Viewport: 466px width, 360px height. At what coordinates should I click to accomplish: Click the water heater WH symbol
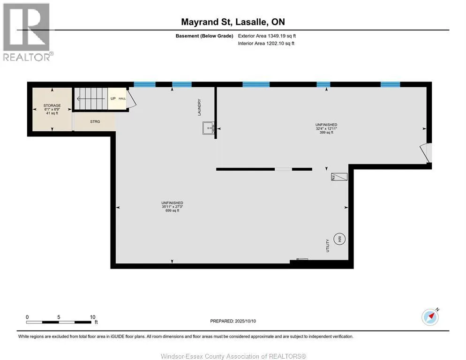coord(339,239)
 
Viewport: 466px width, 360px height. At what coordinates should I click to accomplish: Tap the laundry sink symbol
coord(209,128)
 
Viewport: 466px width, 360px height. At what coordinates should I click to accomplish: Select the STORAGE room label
coord(52,105)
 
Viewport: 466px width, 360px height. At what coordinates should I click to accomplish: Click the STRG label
coord(95,121)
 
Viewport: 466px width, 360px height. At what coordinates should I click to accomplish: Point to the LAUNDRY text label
coord(199,107)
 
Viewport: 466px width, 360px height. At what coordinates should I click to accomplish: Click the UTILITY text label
coord(328,246)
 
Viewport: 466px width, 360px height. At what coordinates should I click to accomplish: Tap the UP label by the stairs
coord(113,99)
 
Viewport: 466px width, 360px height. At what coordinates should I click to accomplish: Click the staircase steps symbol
coord(90,98)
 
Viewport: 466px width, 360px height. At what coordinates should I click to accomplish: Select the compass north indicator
coord(430,317)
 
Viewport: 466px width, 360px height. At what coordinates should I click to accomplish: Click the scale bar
coord(59,322)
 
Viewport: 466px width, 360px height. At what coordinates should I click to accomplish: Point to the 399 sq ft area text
coord(326,133)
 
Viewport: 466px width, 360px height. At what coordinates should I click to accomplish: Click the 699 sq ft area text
coord(173,211)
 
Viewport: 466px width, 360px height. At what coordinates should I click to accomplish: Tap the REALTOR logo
coord(27,32)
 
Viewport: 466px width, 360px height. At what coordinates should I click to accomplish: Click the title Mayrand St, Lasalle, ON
coord(233,22)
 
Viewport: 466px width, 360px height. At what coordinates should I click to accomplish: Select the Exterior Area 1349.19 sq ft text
coord(267,36)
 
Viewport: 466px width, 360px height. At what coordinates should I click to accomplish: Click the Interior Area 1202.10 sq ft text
coord(266,44)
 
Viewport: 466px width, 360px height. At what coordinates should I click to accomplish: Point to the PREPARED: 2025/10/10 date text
coord(233,321)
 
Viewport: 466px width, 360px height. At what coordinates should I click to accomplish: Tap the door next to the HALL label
coord(132,97)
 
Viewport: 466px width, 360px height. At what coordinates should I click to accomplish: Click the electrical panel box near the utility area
coord(339,177)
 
